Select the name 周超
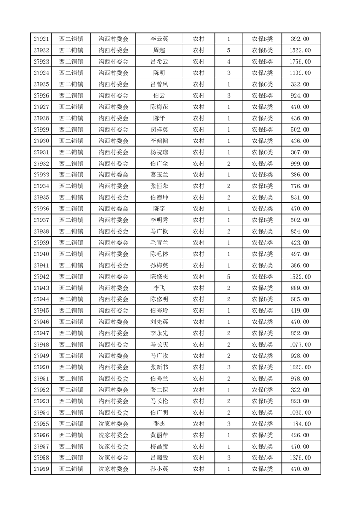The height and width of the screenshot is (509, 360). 159,50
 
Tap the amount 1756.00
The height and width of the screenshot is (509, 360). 300,62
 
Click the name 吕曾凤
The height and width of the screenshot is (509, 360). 159,84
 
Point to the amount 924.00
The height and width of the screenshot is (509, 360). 300,96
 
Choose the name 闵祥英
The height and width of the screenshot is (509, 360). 159,130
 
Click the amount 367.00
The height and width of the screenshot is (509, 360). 300,152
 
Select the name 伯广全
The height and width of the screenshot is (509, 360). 159,164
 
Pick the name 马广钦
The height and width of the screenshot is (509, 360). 159,231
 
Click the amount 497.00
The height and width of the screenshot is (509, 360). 300,254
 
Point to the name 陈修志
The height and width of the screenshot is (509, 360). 159,277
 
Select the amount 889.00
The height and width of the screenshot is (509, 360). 300,288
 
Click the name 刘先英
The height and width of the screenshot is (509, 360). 159,322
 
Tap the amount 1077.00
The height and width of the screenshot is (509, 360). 300,345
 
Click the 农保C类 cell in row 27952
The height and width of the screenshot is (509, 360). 262,390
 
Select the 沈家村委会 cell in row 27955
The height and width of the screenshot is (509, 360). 113,424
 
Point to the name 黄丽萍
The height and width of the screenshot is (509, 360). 159,435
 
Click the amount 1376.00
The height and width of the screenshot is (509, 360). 300,458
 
